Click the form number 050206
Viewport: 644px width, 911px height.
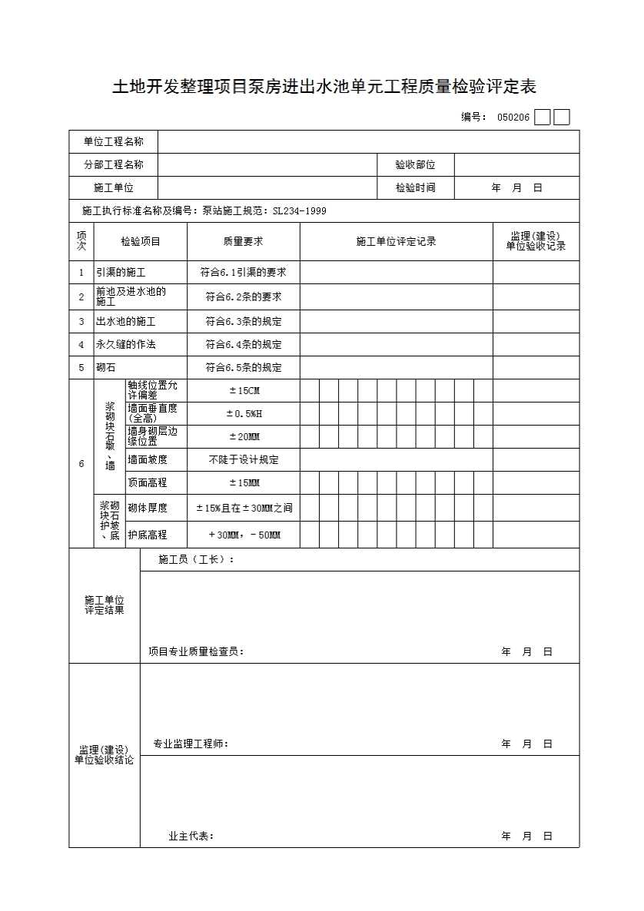click(x=513, y=118)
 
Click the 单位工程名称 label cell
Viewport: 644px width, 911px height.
click(x=114, y=142)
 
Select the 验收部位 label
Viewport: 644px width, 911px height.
click(x=415, y=165)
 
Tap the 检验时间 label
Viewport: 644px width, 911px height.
click(x=415, y=188)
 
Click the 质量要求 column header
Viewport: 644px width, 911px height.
click(x=243, y=242)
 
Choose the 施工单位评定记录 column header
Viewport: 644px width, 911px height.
click(x=396, y=242)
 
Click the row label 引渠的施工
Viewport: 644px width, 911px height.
click(x=121, y=273)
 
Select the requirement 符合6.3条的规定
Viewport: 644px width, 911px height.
click(x=243, y=322)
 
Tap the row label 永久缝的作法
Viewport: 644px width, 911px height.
click(x=125, y=345)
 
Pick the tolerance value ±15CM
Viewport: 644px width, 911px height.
click(x=244, y=391)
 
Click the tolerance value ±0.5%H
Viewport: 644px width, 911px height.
click(x=244, y=414)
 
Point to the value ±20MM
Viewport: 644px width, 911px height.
click(x=244, y=437)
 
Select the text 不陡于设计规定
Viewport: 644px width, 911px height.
click(x=244, y=460)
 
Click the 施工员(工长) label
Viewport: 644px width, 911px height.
click(x=196, y=560)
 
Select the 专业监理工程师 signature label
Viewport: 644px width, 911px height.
click(x=191, y=744)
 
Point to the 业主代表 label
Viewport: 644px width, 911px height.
click(x=191, y=836)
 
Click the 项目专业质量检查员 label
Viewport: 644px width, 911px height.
click(x=196, y=652)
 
